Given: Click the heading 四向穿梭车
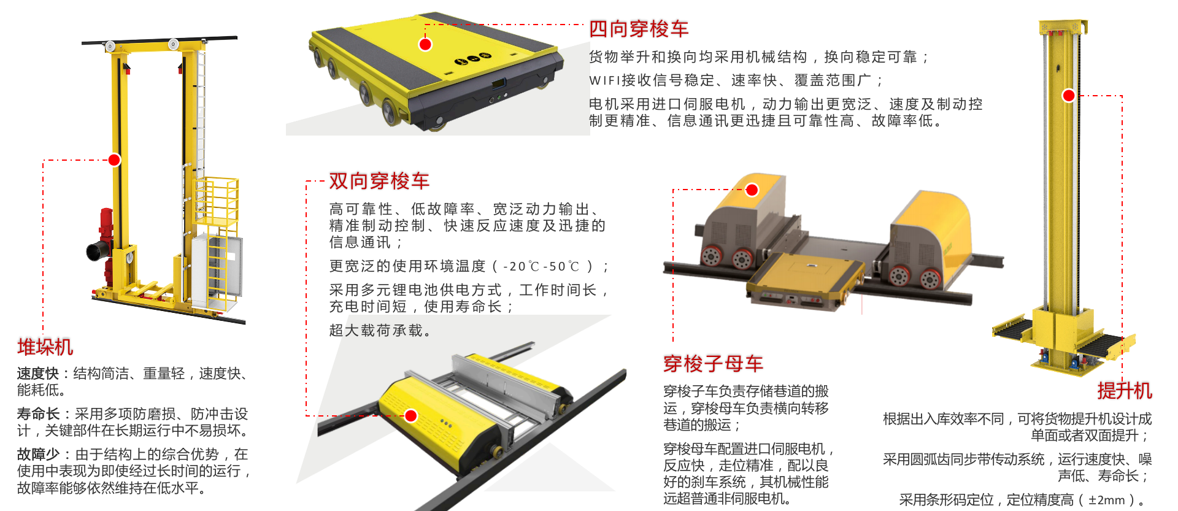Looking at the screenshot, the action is (639, 29).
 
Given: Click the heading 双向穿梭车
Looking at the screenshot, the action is (379, 181).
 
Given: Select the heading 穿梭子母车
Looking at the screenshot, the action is (713, 364).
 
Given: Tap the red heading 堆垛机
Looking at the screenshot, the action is (45, 347).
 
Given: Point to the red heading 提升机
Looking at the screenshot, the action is (1125, 391).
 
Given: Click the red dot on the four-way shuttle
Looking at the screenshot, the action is (425, 44).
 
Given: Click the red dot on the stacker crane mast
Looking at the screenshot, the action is (114, 160).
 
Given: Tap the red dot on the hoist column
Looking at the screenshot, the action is (1069, 96).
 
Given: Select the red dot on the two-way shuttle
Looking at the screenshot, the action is (411, 416).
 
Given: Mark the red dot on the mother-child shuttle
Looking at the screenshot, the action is (752, 190).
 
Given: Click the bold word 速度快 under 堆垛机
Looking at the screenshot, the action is (38, 374).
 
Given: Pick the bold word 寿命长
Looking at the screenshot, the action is (38, 414).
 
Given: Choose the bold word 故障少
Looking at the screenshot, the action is (38, 455).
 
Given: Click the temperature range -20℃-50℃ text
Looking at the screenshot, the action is (541, 267).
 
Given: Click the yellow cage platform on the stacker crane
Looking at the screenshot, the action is (216, 202).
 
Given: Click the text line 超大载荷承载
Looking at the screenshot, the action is (380, 331).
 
